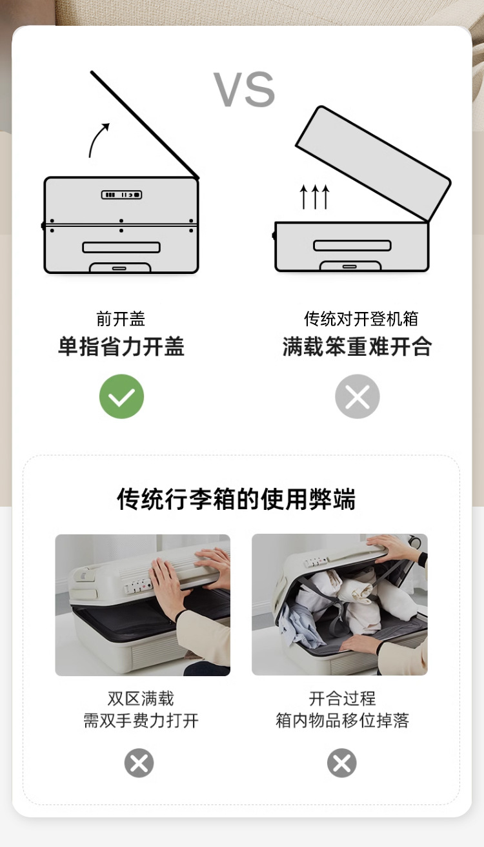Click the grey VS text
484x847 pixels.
pos(245,89)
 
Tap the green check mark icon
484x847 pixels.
pos(121,396)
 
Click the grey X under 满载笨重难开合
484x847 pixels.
pos(358,396)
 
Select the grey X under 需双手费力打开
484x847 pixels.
pos(139,763)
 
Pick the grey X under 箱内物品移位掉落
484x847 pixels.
pos(342,763)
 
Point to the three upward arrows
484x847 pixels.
pos(315,197)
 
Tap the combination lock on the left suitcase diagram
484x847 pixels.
pos(121,195)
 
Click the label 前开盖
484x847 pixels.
pos(121,319)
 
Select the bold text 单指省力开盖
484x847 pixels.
pos(121,346)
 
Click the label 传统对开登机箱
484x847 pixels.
pos(361,319)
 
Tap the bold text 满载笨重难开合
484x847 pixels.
pos(358,346)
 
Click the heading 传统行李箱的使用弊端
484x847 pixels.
pos(236,499)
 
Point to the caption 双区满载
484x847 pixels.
pos(141,698)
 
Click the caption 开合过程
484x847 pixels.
pos(342,698)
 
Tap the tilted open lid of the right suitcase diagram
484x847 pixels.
pos(373,163)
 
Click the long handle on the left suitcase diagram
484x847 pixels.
pos(121,248)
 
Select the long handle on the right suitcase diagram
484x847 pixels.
pos(352,246)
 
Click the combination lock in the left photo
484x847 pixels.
pos(138,585)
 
